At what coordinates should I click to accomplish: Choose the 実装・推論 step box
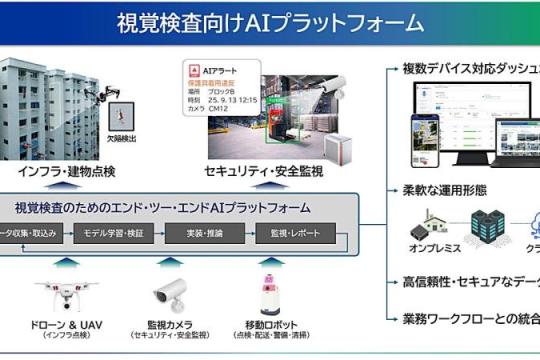(207, 233)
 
